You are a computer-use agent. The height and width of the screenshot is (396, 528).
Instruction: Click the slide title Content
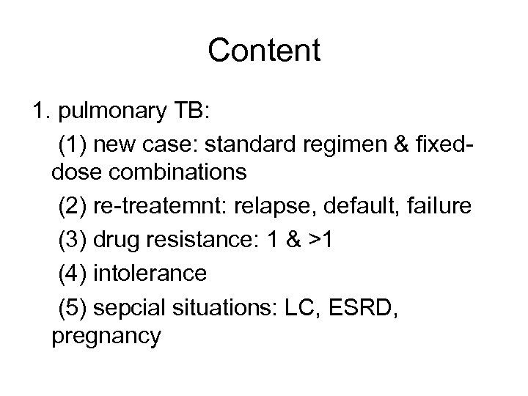click(x=264, y=51)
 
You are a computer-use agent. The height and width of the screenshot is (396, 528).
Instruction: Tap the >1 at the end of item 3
click(x=326, y=241)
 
